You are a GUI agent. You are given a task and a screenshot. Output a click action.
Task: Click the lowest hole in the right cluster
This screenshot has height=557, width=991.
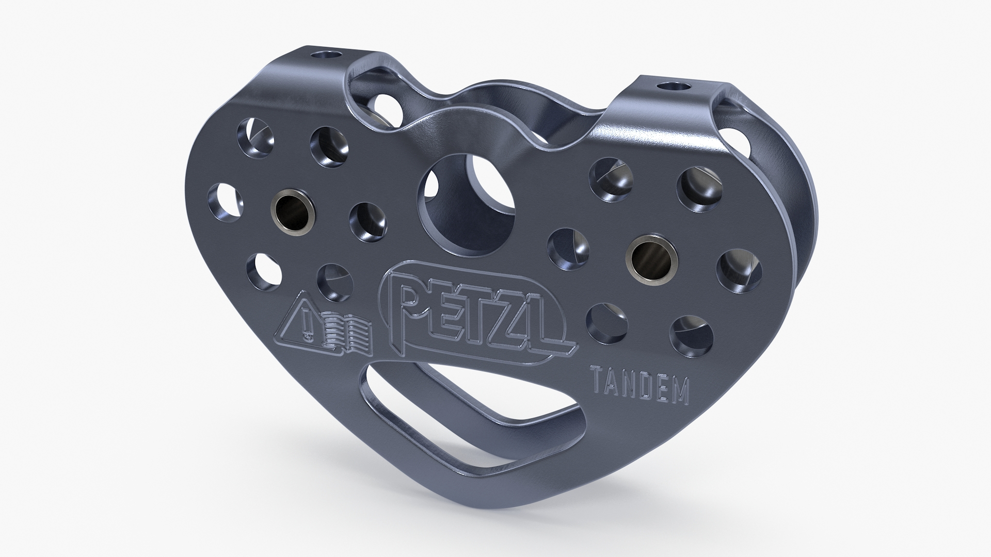click(692, 333)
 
